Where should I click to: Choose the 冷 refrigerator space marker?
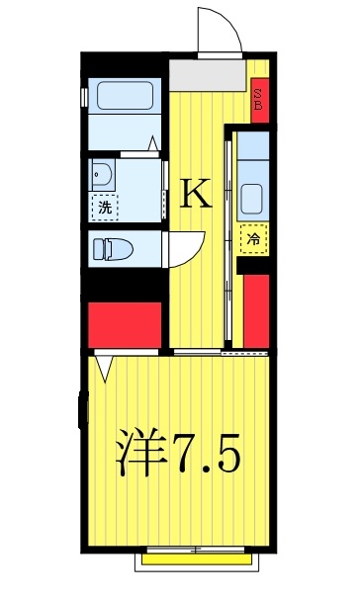point(254,238)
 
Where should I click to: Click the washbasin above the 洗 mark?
point(101,176)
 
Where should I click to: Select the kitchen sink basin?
point(253,196)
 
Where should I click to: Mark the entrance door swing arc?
point(220,30)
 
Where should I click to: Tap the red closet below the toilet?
point(124,323)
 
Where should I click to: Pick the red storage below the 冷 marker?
point(257,310)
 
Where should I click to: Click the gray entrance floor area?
point(205,73)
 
